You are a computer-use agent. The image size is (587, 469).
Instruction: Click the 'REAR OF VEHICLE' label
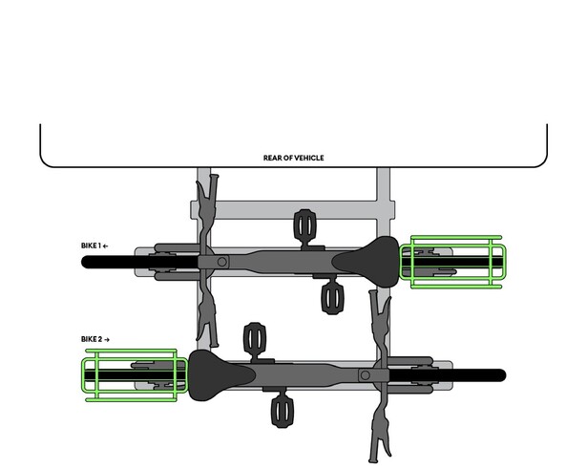(x=294, y=158)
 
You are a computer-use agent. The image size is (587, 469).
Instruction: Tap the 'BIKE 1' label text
(x=92, y=245)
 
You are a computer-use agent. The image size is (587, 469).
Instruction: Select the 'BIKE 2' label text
(x=92, y=339)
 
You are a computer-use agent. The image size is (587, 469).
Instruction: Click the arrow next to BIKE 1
(x=106, y=246)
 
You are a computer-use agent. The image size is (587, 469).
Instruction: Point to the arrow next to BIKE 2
(x=107, y=340)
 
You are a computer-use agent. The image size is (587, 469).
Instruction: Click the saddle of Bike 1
(x=368, y=262)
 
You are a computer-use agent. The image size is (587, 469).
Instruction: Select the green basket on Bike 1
(x=453, y=262)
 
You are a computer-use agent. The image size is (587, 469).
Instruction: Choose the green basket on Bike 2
(x=135, y=375)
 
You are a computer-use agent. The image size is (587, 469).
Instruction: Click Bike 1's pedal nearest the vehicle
(x=305, y=224)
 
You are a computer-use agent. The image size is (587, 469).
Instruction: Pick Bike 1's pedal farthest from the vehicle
(x=332, y=298)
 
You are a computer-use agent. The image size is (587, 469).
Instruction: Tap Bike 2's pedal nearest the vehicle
(x=255, y=338)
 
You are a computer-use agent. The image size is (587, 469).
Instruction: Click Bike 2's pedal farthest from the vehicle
(x=283, y=412)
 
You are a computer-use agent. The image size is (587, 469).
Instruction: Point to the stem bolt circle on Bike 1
(x=222, y=262)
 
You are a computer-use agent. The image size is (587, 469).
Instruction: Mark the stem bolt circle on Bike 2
(x=366, y=375)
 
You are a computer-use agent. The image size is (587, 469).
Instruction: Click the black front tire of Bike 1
(x=139, y=262)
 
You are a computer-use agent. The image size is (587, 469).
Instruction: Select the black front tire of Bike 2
(x=448, y=375)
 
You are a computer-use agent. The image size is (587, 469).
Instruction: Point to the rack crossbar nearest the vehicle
(x=293, y=210)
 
